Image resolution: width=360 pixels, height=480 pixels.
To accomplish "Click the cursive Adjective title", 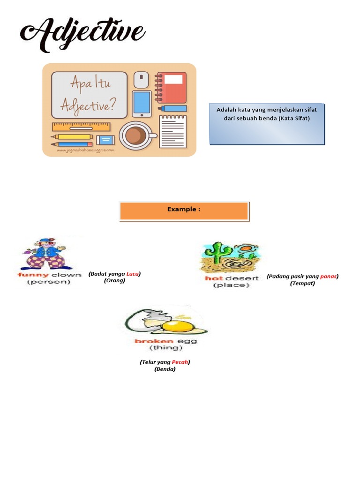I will coord(82,34).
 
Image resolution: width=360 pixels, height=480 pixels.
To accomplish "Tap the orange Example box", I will coord(184,211).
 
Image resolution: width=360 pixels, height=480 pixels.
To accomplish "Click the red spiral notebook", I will coord(172,87).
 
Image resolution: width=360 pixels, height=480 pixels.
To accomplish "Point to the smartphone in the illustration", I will coord(141,103).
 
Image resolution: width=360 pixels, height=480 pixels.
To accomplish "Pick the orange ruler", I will coord(81,126).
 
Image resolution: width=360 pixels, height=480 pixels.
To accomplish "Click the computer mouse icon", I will coord(141,80).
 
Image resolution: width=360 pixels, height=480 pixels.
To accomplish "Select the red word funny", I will coord(33,275).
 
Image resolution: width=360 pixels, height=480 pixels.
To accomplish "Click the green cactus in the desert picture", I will coord(217,253).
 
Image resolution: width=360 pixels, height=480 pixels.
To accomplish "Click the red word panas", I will coord(329,277).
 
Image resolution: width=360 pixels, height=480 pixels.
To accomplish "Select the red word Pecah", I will coord(180,362).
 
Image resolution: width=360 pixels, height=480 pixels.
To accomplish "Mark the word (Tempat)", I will coord(302,284).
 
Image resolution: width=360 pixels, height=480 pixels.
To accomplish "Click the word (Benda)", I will coord(165,369).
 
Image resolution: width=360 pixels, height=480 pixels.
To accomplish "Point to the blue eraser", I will coord(105,140).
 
